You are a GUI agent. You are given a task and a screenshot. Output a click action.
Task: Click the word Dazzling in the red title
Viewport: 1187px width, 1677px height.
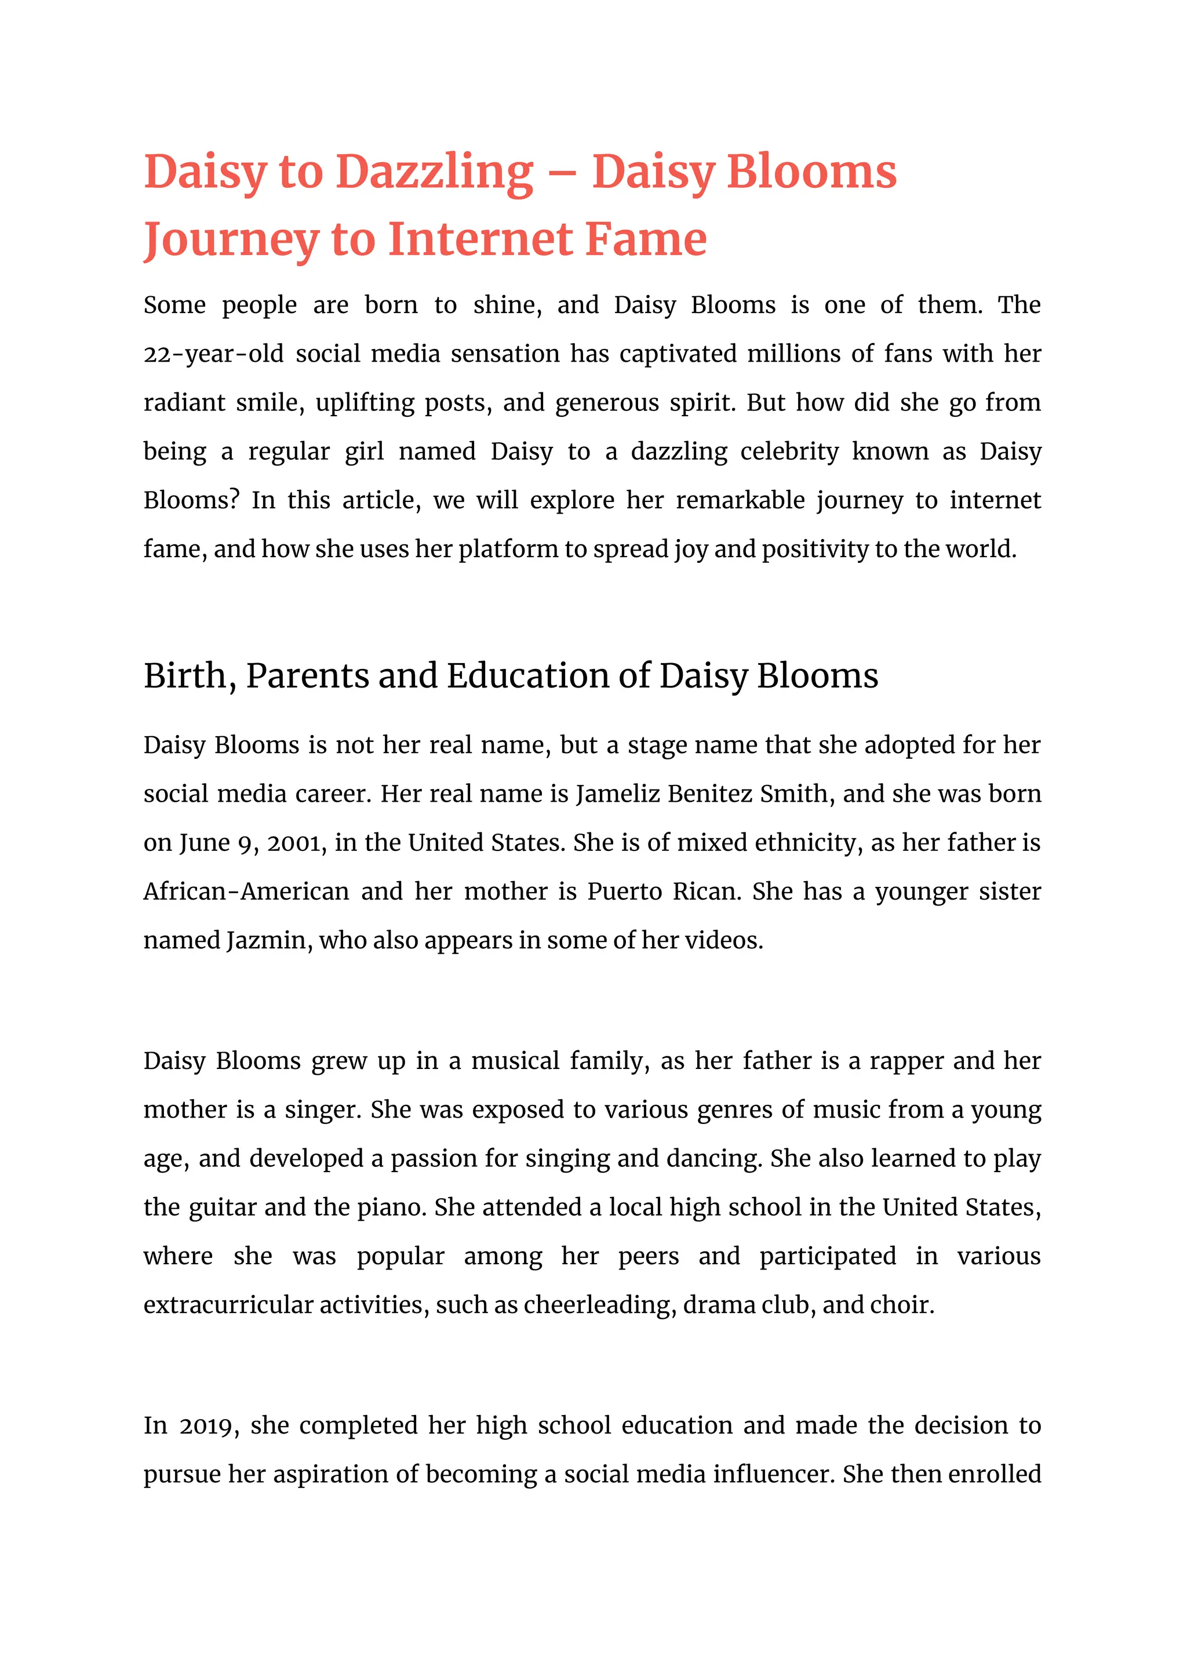pos(434,173)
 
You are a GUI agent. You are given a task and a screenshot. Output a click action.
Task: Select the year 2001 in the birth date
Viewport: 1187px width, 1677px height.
pos(294,843)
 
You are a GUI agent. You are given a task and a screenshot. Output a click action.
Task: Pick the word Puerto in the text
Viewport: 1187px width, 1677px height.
pos(625,892)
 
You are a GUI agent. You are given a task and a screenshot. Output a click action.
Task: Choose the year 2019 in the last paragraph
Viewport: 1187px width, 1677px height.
pos(208,1425)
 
